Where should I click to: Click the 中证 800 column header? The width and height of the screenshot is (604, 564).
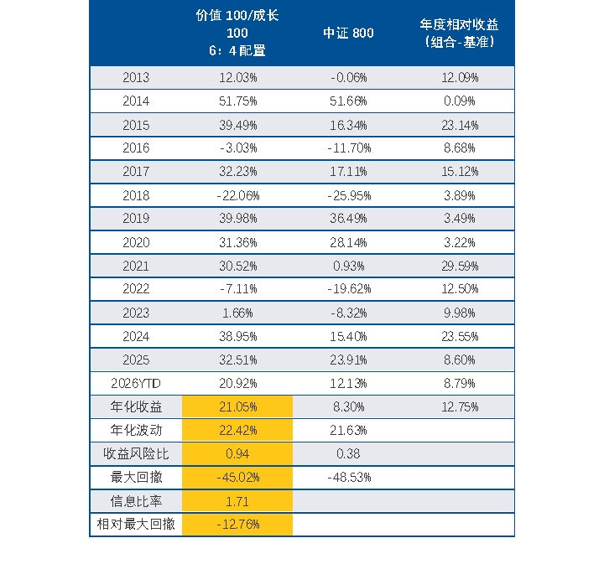point(348,33)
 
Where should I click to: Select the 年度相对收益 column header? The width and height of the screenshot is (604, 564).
point(459,33)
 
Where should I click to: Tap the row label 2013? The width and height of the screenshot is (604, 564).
point(136,78)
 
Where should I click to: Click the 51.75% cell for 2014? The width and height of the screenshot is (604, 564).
point(238,101)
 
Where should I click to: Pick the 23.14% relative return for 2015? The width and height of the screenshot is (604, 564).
point(460,126)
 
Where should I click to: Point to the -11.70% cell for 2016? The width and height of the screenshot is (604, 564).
point(349,148)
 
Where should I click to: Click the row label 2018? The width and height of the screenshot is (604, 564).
point(136,196)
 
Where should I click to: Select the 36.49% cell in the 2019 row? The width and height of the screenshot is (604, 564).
point(348,219)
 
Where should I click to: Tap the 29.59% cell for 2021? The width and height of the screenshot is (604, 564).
point(460,266)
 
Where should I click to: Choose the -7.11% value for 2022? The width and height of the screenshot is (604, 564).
point(238,289)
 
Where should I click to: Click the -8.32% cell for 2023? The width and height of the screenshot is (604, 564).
point(349,313)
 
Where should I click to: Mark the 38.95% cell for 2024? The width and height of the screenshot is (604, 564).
point(238,337)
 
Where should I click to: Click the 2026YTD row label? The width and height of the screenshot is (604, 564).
point(136,384)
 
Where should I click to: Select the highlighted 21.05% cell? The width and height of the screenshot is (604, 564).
point(238,407)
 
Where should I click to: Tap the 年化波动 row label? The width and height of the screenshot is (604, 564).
point(136,430)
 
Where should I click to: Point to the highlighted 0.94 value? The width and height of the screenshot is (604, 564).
point(237,454)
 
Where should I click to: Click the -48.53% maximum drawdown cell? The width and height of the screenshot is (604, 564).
point(349,478)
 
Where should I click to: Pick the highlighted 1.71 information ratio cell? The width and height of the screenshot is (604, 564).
point(237,502)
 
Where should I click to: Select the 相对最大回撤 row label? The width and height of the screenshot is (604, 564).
point(136,524)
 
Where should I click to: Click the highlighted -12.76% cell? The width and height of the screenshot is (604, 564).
point(238,525)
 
